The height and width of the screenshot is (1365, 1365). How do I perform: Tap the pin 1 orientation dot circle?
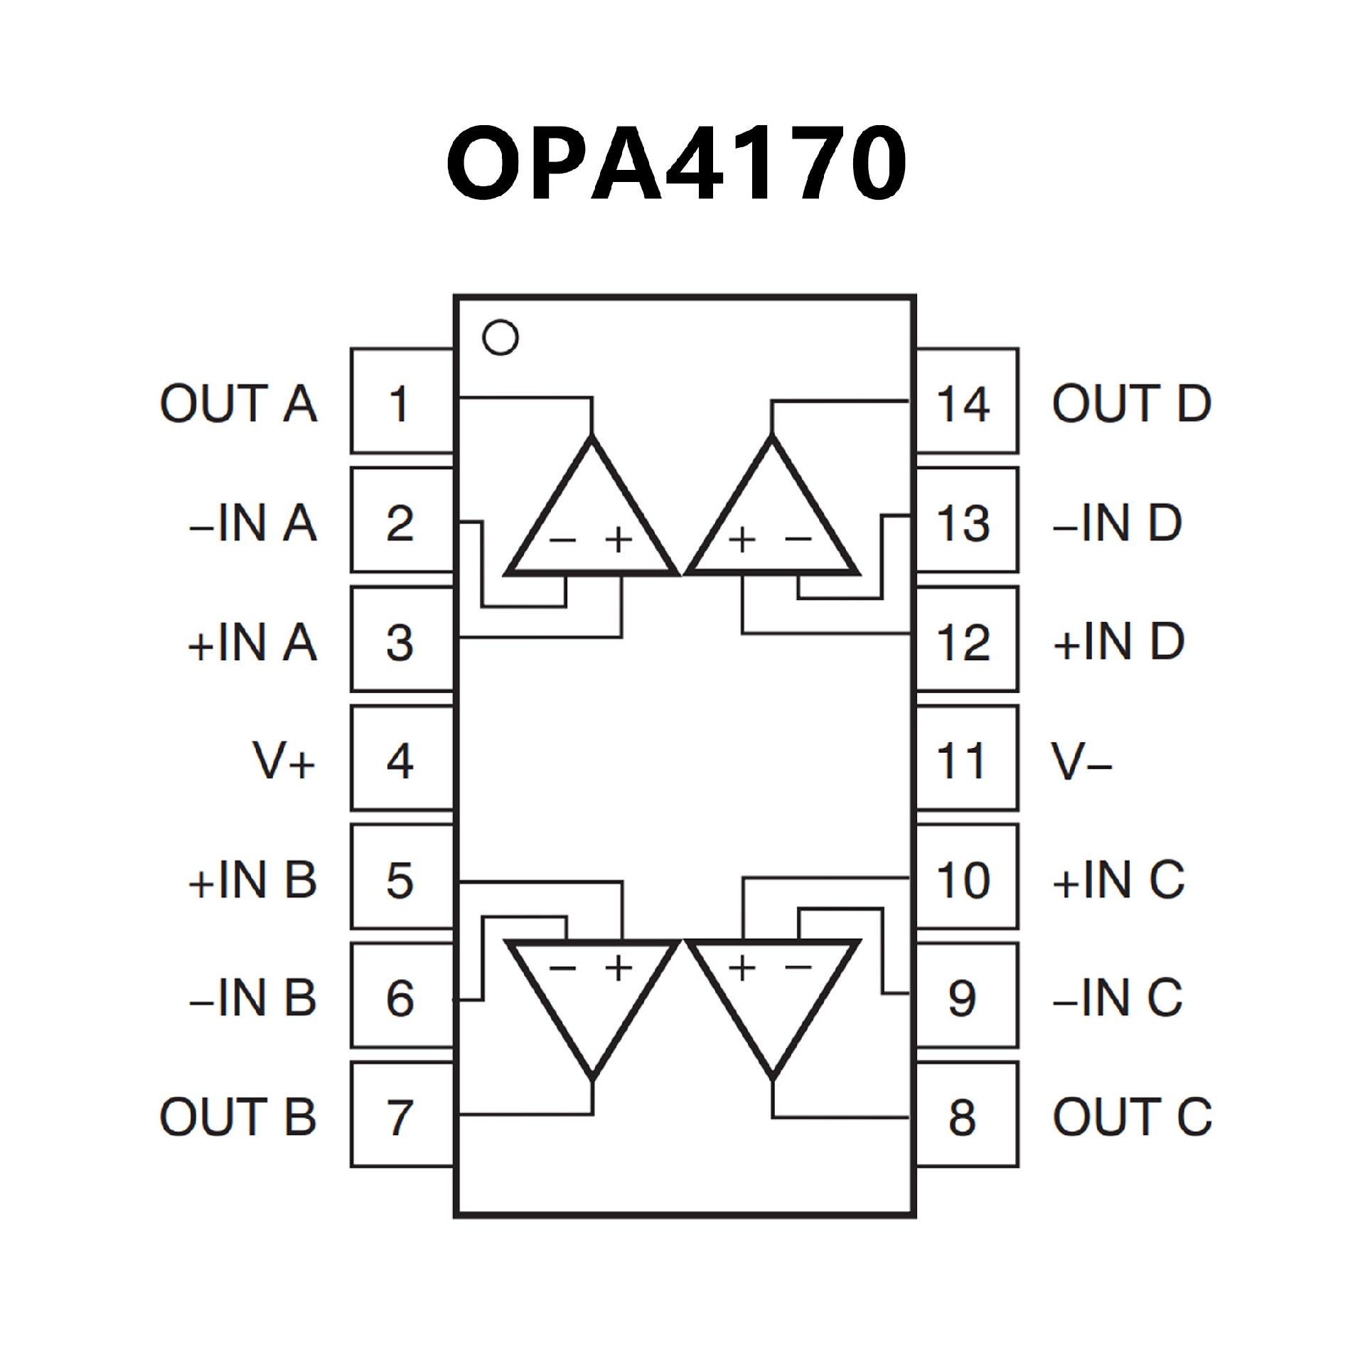pyautogui.click(x=500, y=337)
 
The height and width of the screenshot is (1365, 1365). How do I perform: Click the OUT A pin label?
pyautogui.click(x=238, y=403)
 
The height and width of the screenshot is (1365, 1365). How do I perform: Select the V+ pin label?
pyautogui.click(x=284, y=761)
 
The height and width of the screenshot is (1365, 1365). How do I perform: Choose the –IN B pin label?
pyautogui.click(x=252, y=997)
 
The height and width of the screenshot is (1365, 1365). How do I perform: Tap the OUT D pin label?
pyautogui.click(x=1131, y=403)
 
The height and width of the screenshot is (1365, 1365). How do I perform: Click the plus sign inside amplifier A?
pyautogui.click(x=619, y=540)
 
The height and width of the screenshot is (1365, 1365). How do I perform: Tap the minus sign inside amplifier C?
pyautogui.click(x=798, y=965)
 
